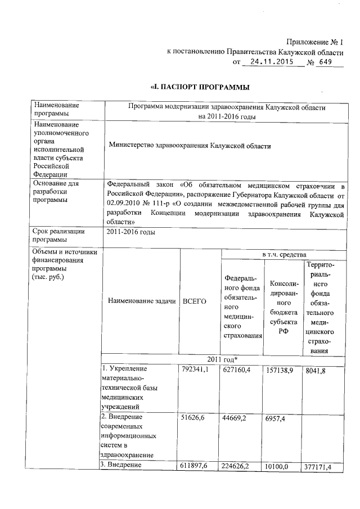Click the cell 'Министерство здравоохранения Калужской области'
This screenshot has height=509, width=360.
click(190, 146)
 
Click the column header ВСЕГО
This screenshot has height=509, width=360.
click(195, 301)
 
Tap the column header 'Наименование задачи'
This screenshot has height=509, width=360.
click(138, 301)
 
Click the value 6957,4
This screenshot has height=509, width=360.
click(278, 418)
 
